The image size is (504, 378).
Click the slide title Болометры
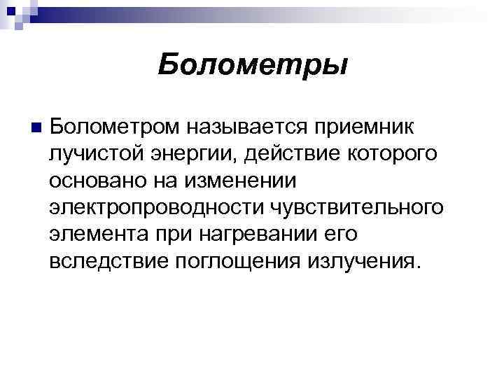[x=252, y=65]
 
